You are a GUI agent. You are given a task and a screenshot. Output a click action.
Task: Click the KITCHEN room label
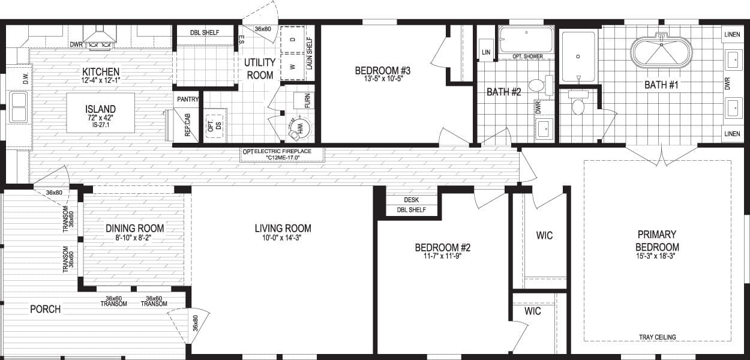(101, 72)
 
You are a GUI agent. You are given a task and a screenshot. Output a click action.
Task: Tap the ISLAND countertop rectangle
(100, 113)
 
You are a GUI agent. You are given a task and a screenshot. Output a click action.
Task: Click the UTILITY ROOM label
(259, 69)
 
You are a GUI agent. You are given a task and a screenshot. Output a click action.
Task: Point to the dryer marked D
(293, 39)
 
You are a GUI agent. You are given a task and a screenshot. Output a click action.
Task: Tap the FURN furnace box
(307, 100)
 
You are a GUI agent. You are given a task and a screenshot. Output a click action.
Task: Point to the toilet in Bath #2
(537, 85)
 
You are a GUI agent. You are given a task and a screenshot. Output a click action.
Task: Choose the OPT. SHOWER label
(527, 56)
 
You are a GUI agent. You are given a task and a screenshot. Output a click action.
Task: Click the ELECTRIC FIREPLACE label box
(282, 154)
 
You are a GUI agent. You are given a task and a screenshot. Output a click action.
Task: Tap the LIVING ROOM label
(283, 228)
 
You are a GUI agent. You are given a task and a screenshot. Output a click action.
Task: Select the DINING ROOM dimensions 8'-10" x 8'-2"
(134, 238)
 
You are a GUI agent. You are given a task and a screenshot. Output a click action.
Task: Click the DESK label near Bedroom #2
(411, 200)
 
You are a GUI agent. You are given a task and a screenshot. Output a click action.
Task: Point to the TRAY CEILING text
(657, 337)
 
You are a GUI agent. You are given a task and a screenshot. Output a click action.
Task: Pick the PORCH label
(45, 309)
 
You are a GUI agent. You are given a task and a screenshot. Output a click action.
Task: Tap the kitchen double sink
(18, 107)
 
